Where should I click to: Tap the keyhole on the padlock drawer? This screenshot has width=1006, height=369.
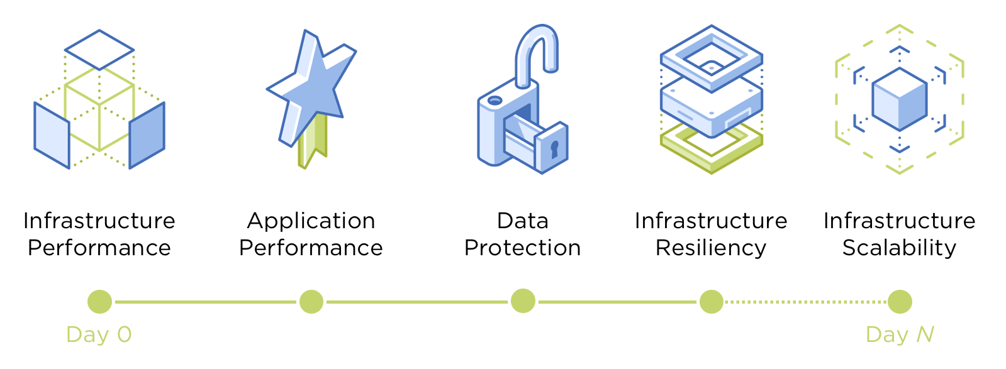[554, 150]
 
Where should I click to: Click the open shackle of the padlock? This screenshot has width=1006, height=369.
[536, 53]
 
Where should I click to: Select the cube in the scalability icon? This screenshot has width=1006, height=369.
[900, 99]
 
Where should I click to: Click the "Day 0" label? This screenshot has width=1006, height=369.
[99, 334]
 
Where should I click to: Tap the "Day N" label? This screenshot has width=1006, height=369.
[900, 334]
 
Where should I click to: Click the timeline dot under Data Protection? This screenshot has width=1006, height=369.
[523, 301]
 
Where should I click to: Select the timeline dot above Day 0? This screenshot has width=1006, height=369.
[99, 302]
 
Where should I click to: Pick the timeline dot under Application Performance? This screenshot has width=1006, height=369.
[311, 302]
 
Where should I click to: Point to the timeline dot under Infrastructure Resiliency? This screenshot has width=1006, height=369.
[711, 302]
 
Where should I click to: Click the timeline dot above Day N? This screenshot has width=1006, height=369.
[900, 302]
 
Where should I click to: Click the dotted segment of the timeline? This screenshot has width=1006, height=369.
[805, 302]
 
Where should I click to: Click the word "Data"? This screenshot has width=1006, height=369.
[523, 221]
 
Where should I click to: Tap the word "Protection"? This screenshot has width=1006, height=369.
[523, 248]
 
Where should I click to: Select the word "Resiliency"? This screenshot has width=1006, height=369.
[711, 248]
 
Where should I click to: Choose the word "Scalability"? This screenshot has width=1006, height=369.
[900, 248]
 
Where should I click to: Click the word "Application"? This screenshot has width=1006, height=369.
[311, 221]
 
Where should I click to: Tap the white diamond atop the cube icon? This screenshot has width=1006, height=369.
[99, 49]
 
